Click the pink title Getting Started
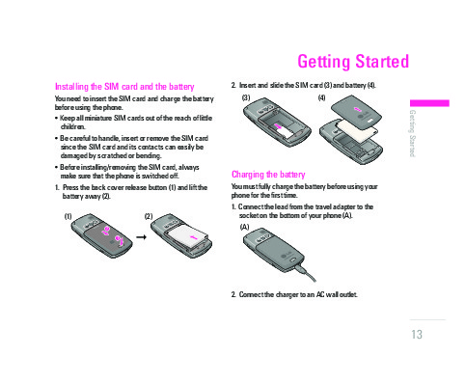coord(353,62)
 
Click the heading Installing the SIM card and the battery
coord(124,87)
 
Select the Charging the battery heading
coord(268,175)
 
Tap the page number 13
coord(417,335)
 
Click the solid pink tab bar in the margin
coord(429,103)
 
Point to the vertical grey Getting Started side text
coord(413,133)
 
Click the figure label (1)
coord(68,216)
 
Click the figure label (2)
coord(149,216)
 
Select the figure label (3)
coord(246,97)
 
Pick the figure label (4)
coord(321,97)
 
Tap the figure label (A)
coord(244,227)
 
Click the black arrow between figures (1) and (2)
coord(141,237)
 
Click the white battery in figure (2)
coord(188,238)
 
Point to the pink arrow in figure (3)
coord(279,126)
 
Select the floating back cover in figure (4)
coord(357,112)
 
